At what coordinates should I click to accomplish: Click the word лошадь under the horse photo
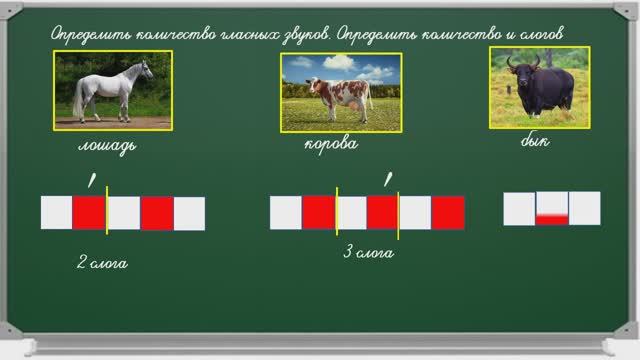coord(107,146)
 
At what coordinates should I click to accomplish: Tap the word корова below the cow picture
coord(331,144)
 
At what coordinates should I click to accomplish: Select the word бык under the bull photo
coord(535,140)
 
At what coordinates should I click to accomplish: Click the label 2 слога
coord(102,263)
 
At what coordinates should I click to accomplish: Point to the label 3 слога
coord(368,252)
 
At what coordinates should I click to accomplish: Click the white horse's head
coord(147,69)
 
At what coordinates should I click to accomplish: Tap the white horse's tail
coord(78,99)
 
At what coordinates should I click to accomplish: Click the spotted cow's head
coord(313,86)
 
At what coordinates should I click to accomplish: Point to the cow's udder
coord(353,107)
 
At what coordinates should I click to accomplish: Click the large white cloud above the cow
coord(340,62)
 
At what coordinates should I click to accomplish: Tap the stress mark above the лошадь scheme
coord(92,180)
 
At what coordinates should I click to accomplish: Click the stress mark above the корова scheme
coord(388,179)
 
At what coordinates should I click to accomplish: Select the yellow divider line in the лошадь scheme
coord(107,210)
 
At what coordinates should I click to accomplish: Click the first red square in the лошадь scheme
coord(89,212)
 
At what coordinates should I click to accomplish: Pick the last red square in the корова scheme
coord(448,213)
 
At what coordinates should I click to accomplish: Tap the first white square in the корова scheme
coord(286,213)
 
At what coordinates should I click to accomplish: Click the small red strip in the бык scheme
coord(552,220)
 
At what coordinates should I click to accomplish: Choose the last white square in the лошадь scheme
coord(189,213)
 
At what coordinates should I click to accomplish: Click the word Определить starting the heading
coord(91,34)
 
